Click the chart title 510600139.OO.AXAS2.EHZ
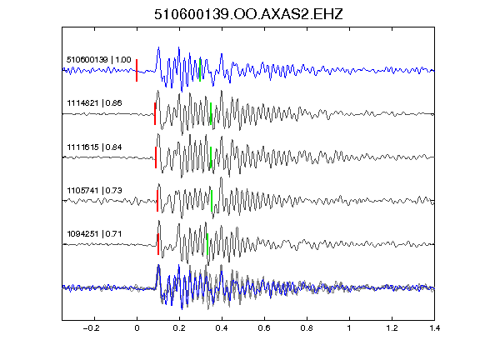(x=248, y=14)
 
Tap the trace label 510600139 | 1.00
(x=98, y=59)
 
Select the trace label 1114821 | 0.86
(x=94, y=102)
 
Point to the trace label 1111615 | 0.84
(x=94, y=147)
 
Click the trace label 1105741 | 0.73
(x=94, y=190)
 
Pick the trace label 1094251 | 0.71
(x=94, y=234)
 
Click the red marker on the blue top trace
(x=137, y=70)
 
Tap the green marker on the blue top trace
(x=200, y=70)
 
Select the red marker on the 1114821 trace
(x=155, y=113)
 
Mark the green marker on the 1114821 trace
(x=211, y=113)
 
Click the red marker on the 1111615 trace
(x=156, y=157)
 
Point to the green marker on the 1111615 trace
(x=211, y=157)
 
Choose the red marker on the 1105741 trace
(x=157, y=201)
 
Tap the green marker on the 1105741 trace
(x=212, y=201)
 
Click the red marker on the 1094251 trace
(x=158, y=244)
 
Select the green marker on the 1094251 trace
(x=207, y=244)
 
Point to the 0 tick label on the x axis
(x=137, y=328)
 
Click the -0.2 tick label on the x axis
(x=91, y=328)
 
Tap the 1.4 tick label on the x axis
(x=434, y=328)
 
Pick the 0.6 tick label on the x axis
(x=264, y=328)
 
